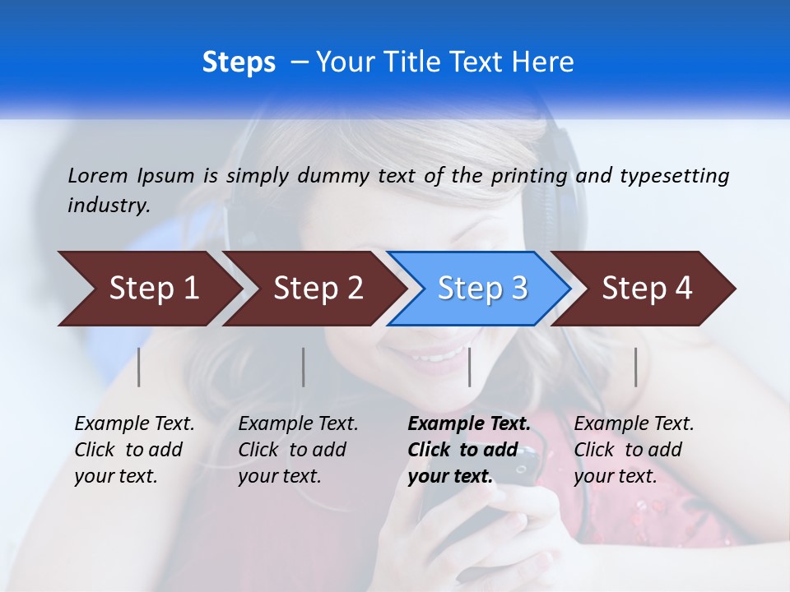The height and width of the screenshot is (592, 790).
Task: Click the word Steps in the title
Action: point(239,62)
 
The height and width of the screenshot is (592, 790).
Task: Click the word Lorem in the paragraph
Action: point(98,175)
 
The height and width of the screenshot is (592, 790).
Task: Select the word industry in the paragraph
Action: point(109,206)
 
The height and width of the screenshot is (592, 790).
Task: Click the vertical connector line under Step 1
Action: point(139,367)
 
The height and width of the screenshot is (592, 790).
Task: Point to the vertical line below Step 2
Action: point(304,367)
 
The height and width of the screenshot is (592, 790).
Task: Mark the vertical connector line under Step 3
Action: point(469,367)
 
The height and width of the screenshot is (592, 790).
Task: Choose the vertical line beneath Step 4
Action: point(635,367)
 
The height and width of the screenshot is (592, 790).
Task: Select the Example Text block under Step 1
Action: point(134,450)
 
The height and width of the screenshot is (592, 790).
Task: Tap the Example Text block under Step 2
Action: point(298,450)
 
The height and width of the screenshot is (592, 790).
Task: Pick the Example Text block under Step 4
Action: point(634,450)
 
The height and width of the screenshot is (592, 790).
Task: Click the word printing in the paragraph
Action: point(527,175)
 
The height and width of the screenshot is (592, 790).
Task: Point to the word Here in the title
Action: point(546,62)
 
